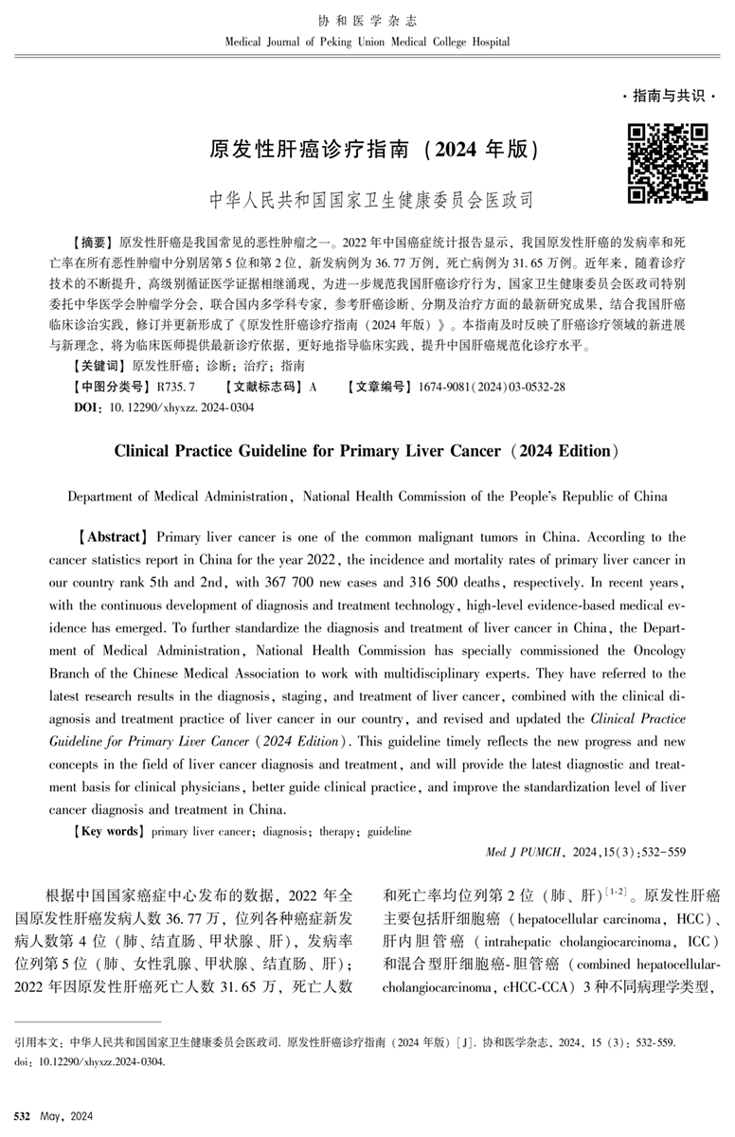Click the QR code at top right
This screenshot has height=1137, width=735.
point(668,162)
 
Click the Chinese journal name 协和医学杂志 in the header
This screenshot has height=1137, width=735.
point(367,21)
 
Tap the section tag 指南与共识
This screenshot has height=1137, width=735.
point(668,97)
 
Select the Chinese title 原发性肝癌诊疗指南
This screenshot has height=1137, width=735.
point(310,150)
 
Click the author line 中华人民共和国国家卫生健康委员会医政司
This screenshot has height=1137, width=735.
point(370,200)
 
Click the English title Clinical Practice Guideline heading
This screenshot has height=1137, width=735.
point(367,451)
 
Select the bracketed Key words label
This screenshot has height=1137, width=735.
point(108,831)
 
